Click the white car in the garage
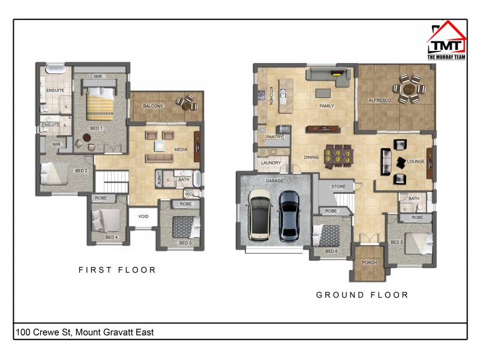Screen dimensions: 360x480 pos(260,215)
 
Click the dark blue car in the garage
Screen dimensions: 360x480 pos(289,215)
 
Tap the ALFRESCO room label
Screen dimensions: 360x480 pos(379,101)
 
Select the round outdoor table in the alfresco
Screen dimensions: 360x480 pos(411,88)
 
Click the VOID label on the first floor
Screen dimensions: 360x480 pos(143,217)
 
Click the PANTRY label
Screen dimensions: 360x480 pos(274,137)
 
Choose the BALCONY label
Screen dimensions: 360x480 pos(153,106)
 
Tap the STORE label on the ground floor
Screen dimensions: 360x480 pos(338,187)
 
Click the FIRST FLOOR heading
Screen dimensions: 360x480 pos(118,270)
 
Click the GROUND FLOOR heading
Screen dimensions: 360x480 pos(362,295)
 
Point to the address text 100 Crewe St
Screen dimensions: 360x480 pos(84,332)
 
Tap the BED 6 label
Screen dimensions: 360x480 pos(332,251)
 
